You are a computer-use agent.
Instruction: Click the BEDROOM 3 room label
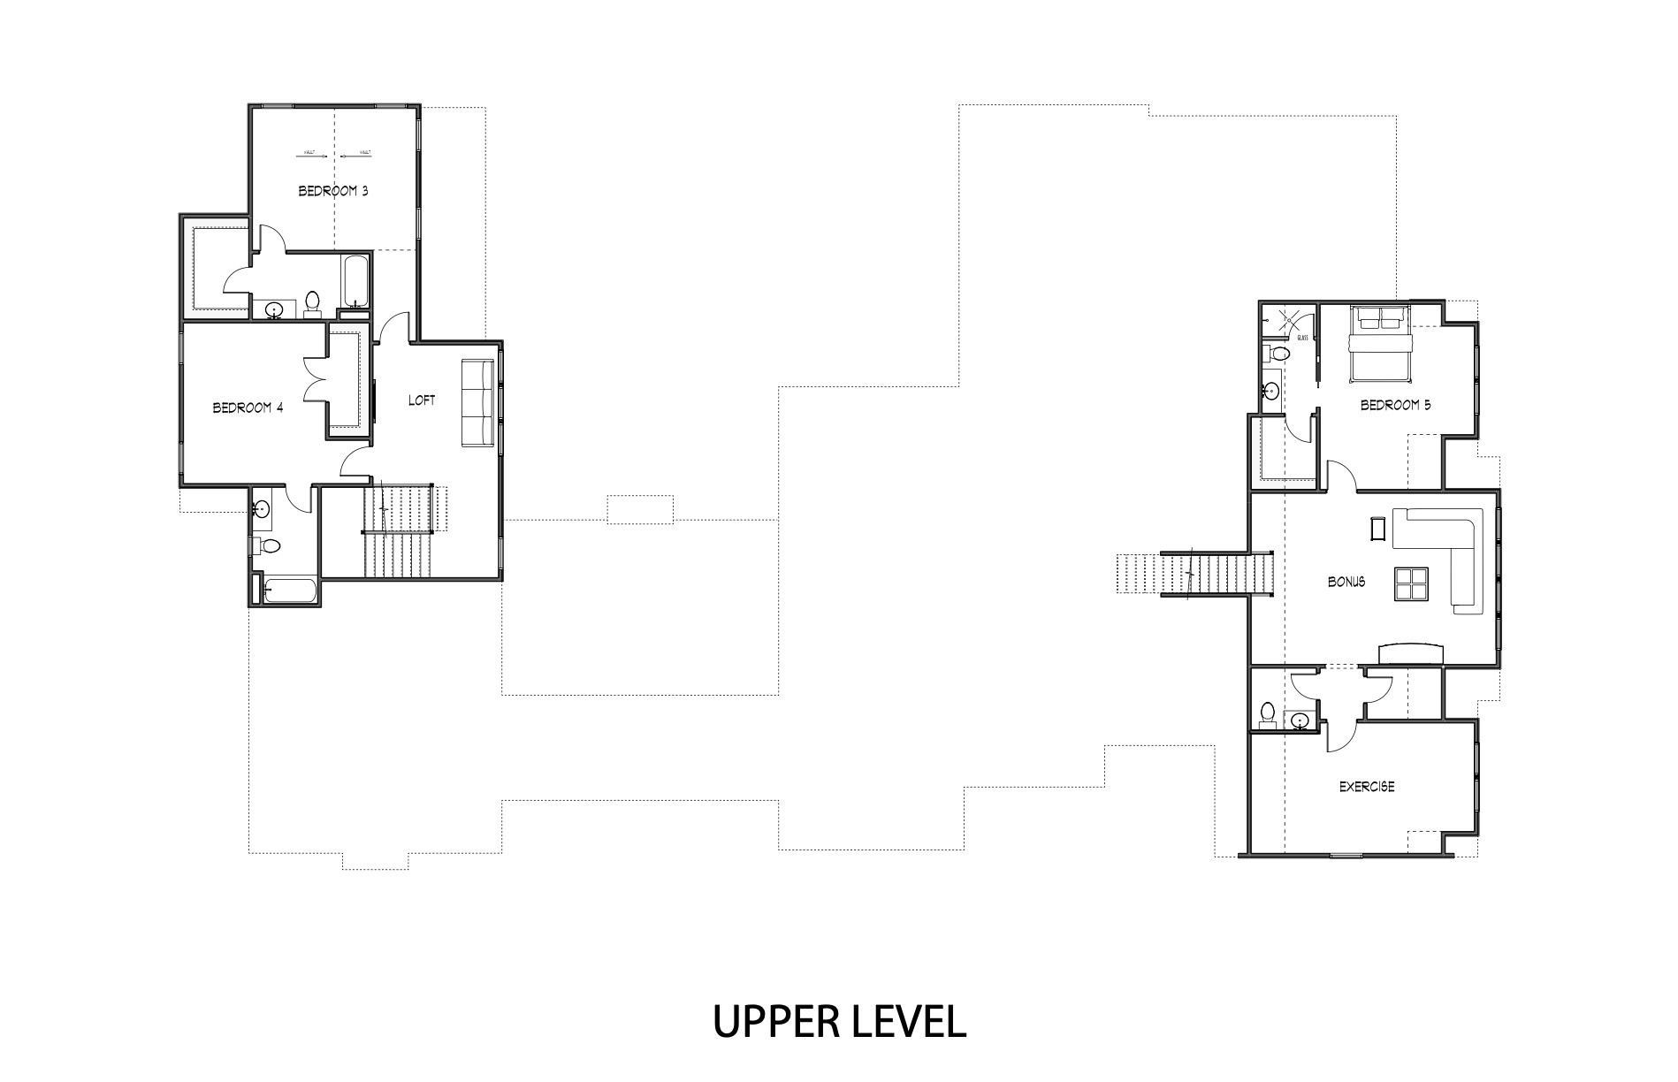coord(332,191)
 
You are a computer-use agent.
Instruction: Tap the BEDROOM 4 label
coord(248,408)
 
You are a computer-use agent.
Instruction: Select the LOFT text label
coord(422,400)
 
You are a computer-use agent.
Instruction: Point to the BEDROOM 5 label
coord(1395,406)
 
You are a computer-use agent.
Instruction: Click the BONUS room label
coord(1346,582)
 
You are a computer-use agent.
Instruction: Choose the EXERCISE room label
coord(1367,786)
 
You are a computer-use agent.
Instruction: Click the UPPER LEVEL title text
coord(838,1022)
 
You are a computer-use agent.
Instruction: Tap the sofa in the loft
coord(477,403)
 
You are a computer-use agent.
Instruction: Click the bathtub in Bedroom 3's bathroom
coord(356,280)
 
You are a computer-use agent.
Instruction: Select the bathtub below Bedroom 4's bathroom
coord(290,591)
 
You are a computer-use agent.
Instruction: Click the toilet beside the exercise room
coord(1267,714)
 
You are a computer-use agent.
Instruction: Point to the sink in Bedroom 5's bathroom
coord(1271,391)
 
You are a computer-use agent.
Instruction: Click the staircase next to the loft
coord(398,530)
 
